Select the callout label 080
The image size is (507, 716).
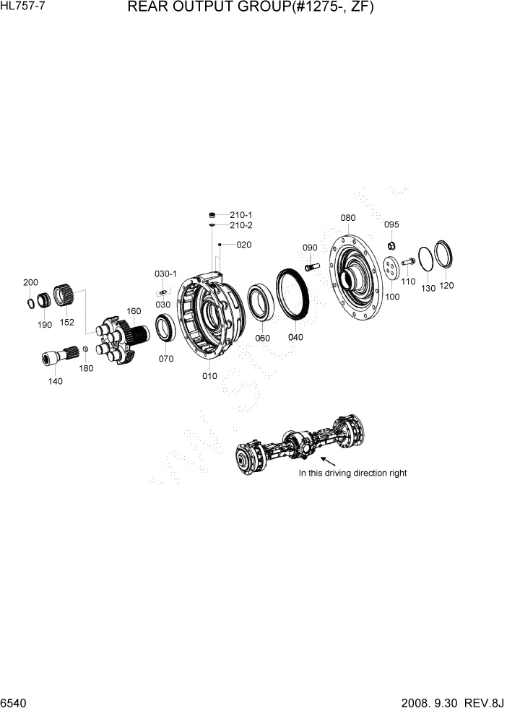click(x=348, y=217)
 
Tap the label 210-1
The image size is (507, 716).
click(x=240, y=215)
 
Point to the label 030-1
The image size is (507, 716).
click(x=165, y=274)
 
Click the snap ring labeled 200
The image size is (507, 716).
click(x=31, y=302)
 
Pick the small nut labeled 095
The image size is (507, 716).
click(x=391, y=244)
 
